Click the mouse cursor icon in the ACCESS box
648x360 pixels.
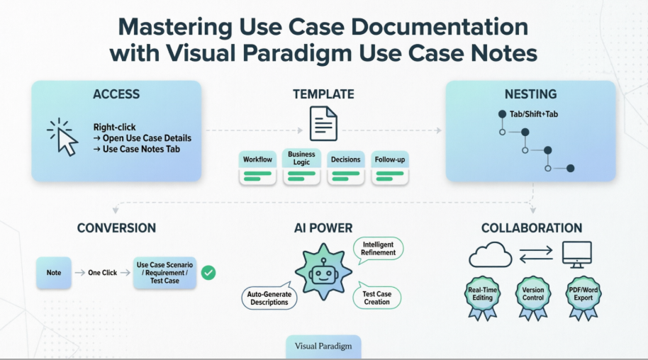pyautogui.click(x=64, y=137)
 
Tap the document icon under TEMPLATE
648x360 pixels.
pyautogui.click(x=323, y=123)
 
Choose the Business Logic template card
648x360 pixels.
pyautogui.click(x=301, y=167)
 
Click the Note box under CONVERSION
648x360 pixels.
pyautogui.click(x=54, y=273)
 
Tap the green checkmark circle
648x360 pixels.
pyautogui.click(x=208, y=273)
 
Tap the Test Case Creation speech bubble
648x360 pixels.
pyautogui.click(x=376, y=297)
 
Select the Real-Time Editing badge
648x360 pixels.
pyautogui.click(x=484, y=295)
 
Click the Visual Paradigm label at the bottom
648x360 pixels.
pyautogui.click(x=323, y=347)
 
